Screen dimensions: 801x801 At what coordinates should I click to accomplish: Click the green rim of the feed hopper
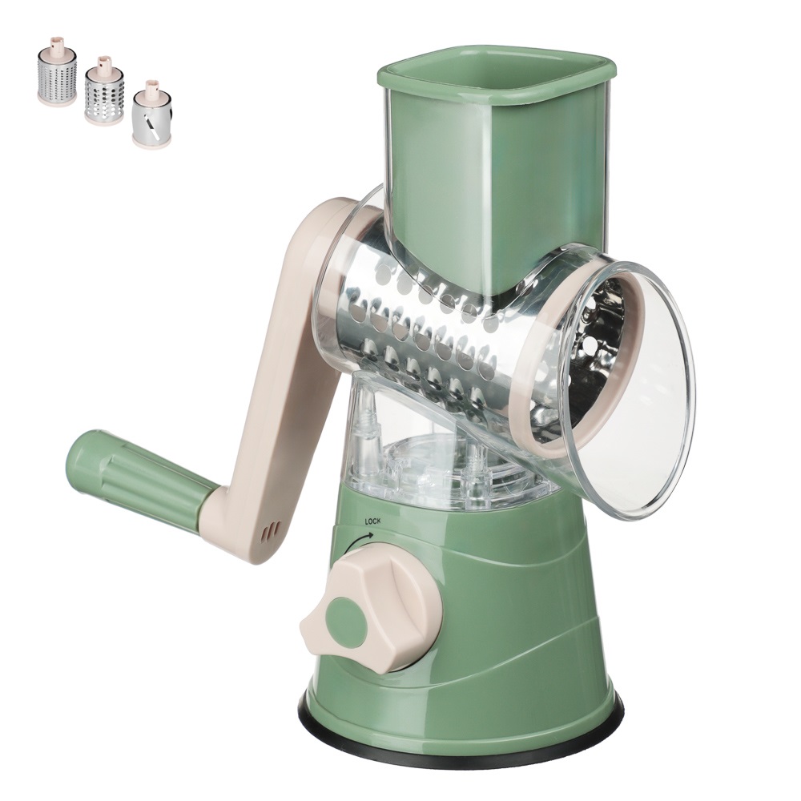pyautogui.click(x=496, y=90)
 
